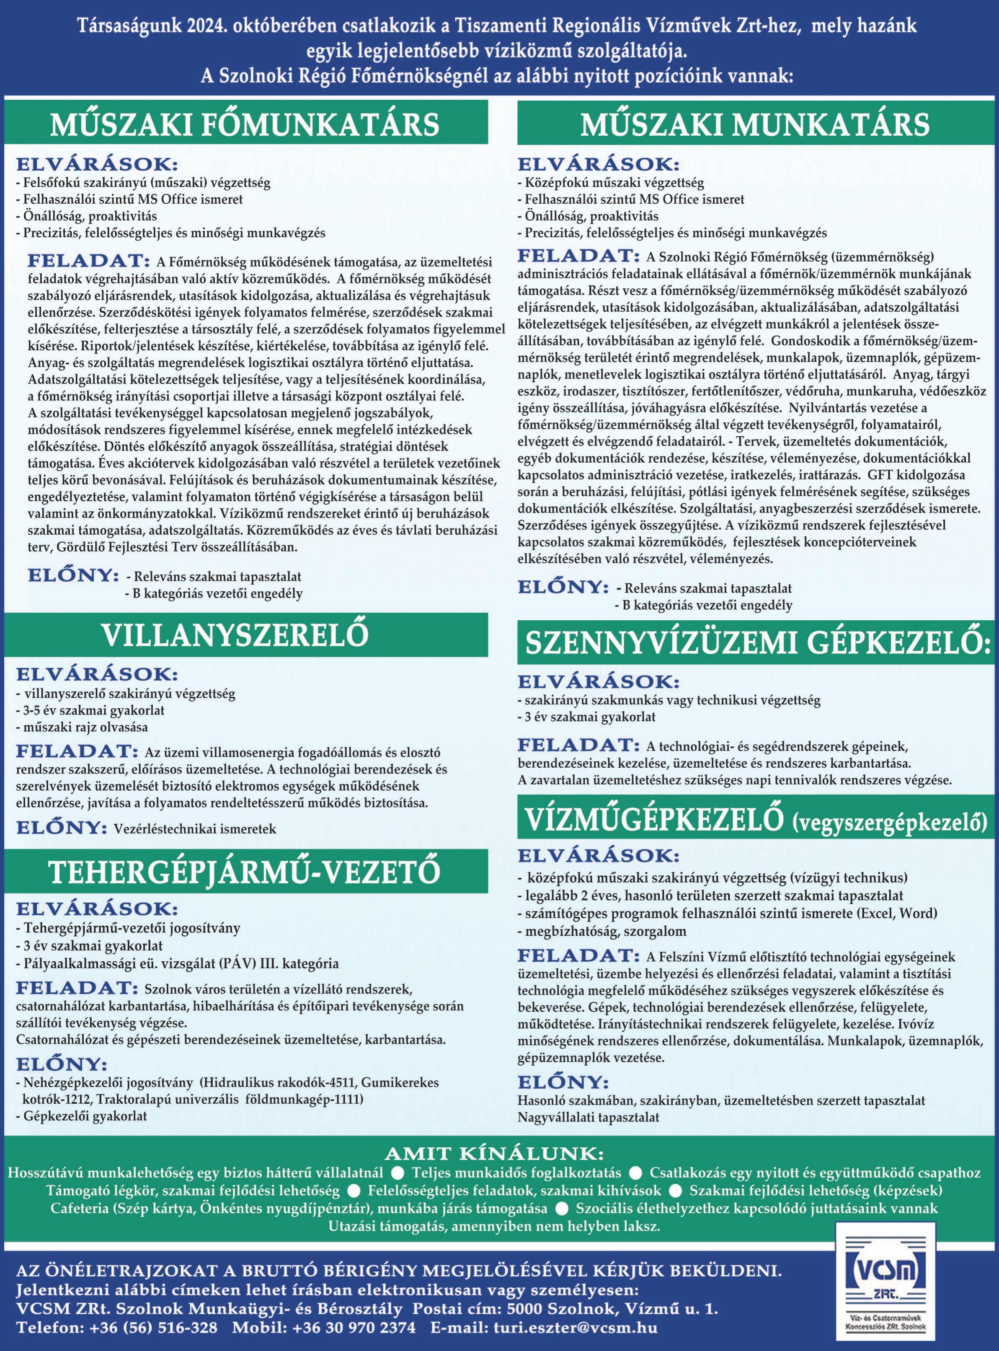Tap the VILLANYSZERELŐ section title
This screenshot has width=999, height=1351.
click(235, 635)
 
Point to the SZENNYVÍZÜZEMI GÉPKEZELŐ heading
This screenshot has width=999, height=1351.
click(754, 644)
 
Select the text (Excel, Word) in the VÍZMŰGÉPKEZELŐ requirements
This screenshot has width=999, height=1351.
click(886, 913)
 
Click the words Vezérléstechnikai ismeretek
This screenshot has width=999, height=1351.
click(195, 829)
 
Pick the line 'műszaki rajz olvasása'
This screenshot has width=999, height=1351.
click(82, 727)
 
